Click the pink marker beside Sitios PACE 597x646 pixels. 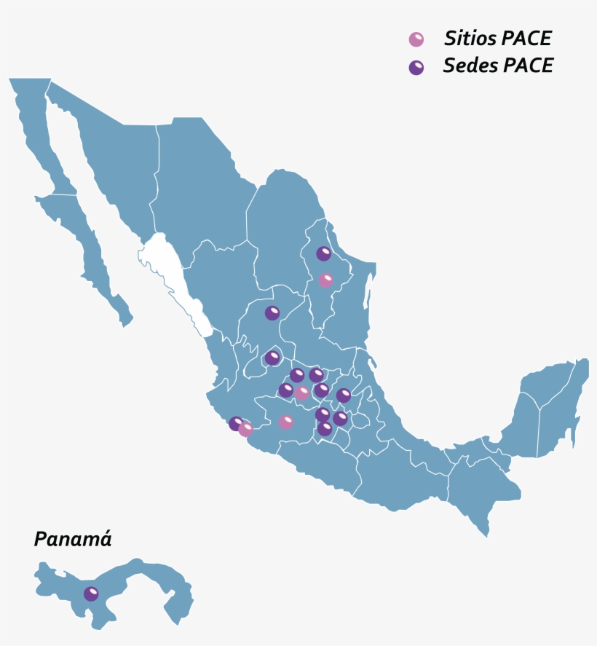pyautogui.click(x=416, y=39)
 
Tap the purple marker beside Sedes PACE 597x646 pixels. pyautogui.click(x=416, y=67)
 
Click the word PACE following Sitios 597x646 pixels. pyautogui.click(x=526, y=39)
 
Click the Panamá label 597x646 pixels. pyautogui.click(x=73, y=540)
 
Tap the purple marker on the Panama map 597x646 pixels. pyautogui.click(x=91, y=594)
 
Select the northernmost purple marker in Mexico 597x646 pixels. pyautogui.click(x=323, y=253)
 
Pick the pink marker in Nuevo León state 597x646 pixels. pyautogui.click(x=325, y=280)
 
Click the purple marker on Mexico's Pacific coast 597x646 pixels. pyautogui.click(x=236, y=423)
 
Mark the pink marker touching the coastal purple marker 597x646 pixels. pyautogui.click(x=245, y=429)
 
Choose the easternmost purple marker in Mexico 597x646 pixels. pyautogui.click(x=344, y=395)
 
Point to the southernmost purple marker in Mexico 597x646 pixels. pyautogui.click(x=325, y=428)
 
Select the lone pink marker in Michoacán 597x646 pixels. pyautogui.click(x=286, y=422)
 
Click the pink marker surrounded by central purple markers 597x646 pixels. pyautogui.click(x=302, y=393)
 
